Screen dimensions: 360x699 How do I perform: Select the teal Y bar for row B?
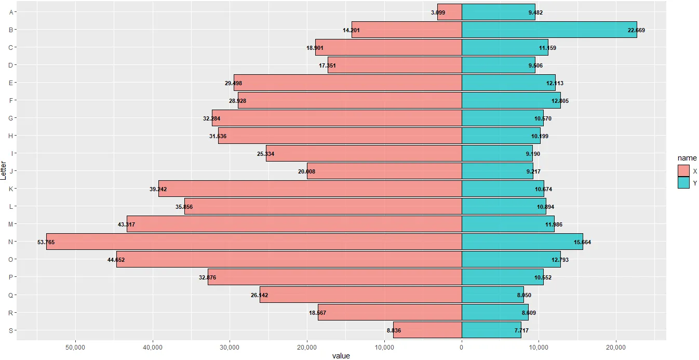pyautogui.click(x=549, y=30)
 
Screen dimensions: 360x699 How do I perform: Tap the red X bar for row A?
pyautogui.click(x=450, y=12)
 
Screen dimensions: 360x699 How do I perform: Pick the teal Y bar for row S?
pyautogui.click(x=491, y=330)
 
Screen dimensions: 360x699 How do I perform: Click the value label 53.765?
pyautogui.click(x=46, y=242)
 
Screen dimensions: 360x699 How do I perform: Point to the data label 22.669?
pyautogui.click(x=636, y=30)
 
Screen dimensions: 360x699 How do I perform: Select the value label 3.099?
pyautogui.click(x=438, y=12)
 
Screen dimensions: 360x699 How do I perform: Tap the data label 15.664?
pyautogui.click(x=582, y=242)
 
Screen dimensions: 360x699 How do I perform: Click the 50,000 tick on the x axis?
pyautogui.click(x=75, y=346)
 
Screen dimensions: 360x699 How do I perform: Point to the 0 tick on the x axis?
pyautogui.click(x=462, y=346)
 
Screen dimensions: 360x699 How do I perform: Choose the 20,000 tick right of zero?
pyautogui.click(x=616, y=346)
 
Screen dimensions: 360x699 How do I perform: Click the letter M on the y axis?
pyautogui.click(x=11, y=224)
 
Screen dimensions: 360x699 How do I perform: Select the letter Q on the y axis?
pyautogui.click(x=11, y=295)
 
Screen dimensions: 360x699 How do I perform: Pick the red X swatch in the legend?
pyautogui.click(x=683, y=170)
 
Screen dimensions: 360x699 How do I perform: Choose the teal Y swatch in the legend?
pyautogui.click(x=683, y=182)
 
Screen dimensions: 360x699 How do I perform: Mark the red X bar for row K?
pyautogui.click(x=310, y=189)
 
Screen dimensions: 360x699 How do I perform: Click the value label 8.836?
pyautogui.click(x=394, y=330)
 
